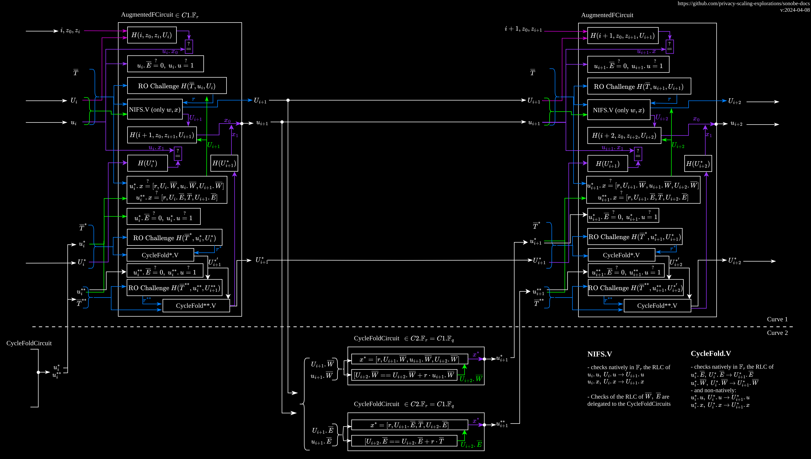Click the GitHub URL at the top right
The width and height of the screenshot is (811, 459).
[743, 3]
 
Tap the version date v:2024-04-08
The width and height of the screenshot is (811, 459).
[795, 10]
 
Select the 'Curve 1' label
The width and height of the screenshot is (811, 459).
[777, 319]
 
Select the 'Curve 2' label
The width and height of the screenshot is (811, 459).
[777, 333]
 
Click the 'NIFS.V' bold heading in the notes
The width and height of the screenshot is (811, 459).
[600, 354]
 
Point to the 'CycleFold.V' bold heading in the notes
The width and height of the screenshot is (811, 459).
[711, 353]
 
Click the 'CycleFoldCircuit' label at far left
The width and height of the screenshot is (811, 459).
[29, 343]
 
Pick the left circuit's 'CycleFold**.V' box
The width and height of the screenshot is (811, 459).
[196, 305]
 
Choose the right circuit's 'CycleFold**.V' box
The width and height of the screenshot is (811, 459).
[657, 305]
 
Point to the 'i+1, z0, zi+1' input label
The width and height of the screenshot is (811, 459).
[523, 29]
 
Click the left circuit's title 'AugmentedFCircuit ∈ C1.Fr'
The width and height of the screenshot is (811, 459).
[160, 15]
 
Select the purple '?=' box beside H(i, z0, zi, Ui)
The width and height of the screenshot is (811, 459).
[189, 47]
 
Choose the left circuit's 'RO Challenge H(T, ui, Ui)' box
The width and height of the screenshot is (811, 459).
[177, 85]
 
